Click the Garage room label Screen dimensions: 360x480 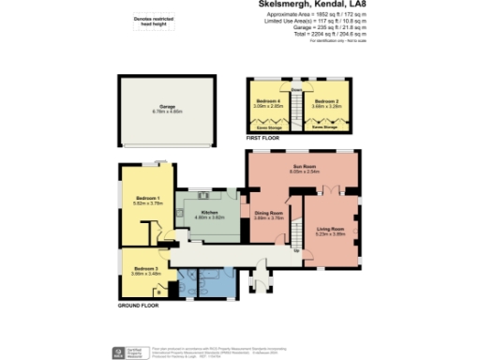(x=169, y=109)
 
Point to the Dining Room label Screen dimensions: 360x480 (x=269, y=215)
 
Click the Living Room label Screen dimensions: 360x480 (x=330, y=231)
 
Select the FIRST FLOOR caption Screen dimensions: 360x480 (x=264, y=138)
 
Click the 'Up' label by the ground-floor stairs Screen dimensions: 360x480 (x=297, y=251)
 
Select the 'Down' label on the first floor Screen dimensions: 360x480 (x=296, y=89)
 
